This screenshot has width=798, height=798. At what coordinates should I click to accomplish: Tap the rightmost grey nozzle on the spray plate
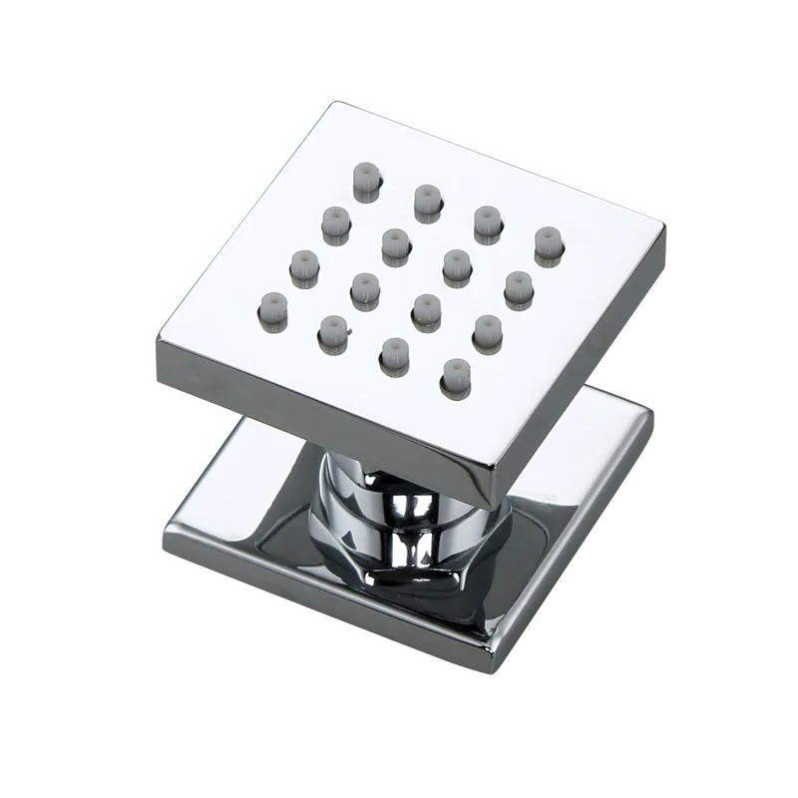(x=547, y=244)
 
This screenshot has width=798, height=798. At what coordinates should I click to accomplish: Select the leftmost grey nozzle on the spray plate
(x=271, y=306)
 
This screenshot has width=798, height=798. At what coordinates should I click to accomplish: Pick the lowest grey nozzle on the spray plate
(x=454, y=373)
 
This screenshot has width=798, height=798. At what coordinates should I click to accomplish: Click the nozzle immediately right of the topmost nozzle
(x=426, y=200)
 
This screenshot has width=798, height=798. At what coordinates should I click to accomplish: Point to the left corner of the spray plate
(x=157, y=344)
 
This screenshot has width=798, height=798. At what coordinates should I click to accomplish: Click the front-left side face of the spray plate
(x=319, y=414)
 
